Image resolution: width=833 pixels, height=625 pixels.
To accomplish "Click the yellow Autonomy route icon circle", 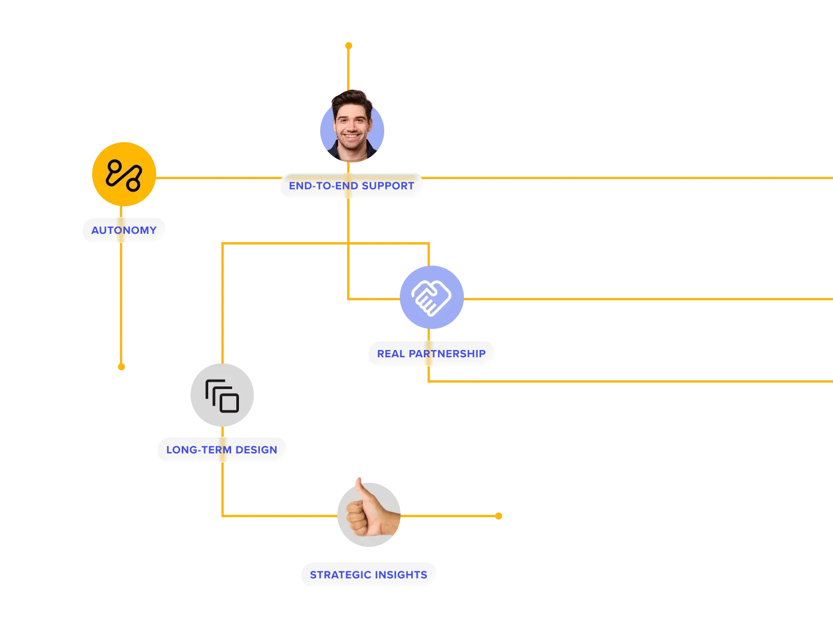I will pos(124,174).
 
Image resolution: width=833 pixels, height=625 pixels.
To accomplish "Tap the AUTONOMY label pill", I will pos(124,230).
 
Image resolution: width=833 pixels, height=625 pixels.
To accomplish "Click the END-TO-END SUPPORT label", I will pos(351,186).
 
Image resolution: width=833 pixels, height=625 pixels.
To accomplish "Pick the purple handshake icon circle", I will pos(432,297).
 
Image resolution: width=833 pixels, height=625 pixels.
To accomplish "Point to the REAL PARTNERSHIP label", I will pos(431,354).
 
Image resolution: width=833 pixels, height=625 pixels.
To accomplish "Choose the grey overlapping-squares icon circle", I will pos(222,395).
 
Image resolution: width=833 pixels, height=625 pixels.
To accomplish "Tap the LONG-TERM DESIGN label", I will pos(222,450).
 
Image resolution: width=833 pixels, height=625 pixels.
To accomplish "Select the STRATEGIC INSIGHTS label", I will pos(369,575).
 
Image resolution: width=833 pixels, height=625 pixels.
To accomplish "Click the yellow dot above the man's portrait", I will pos(349,46).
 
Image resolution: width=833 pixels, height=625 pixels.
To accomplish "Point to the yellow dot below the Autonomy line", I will pos(121,367).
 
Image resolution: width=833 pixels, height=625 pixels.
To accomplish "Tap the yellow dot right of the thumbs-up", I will pos(499,516).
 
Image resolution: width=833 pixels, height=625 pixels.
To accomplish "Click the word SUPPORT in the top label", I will pos(388,186).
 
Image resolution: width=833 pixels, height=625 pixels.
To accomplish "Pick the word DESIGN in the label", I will pos(256,450).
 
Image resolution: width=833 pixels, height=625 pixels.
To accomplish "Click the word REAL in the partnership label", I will pos(390,354).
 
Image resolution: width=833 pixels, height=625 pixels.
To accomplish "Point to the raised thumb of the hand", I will pos(359,487).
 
